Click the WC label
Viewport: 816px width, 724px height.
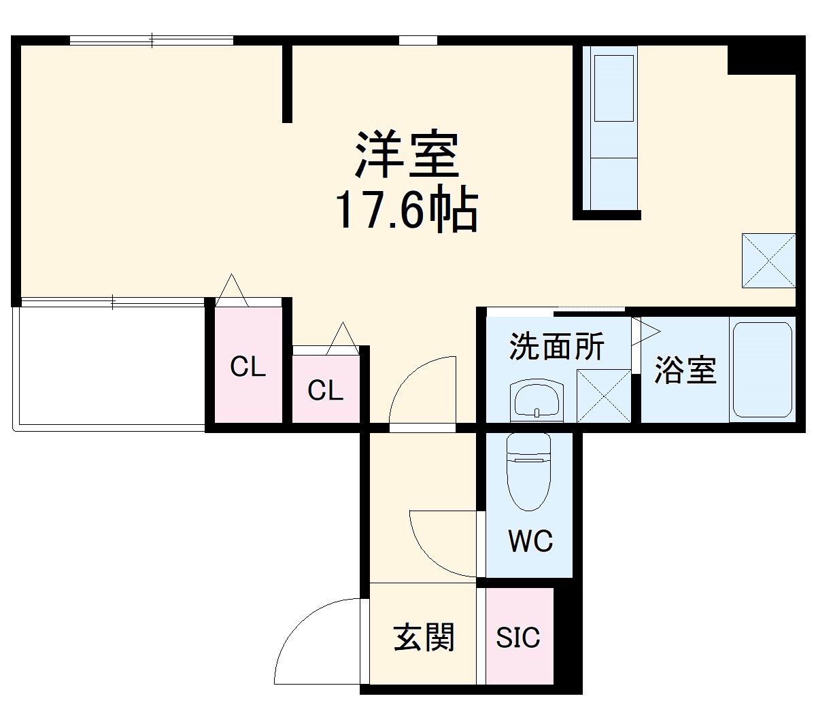(x=530, y=541)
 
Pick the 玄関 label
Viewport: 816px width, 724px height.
(x=424, y=638)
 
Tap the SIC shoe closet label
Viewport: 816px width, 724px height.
(x=518, y=638)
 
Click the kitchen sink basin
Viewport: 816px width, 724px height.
(x=615, y=88)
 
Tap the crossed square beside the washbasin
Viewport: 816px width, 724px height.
(x=603, y=396)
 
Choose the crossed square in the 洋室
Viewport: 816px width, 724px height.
(x=768, y=260)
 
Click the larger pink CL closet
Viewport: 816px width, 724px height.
(x=247, y=366)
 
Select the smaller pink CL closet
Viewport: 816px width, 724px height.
(x=325, y=389)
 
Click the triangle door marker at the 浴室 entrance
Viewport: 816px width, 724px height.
(x=645, y=331)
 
